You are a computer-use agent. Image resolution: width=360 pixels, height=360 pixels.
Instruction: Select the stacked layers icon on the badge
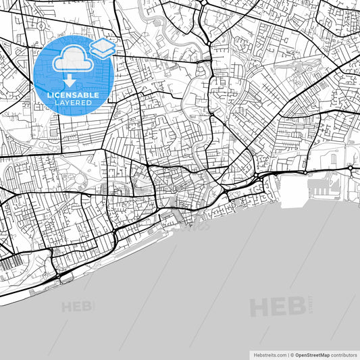coord(103,47)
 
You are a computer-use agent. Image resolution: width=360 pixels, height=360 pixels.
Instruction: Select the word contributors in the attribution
coord(344,355)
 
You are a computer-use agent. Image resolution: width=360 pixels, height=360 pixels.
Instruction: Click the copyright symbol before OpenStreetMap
coord(291,355)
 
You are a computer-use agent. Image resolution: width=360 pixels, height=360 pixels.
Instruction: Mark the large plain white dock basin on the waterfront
coord(290,183)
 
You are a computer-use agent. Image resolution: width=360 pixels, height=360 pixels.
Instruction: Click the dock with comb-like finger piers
coord(324,183)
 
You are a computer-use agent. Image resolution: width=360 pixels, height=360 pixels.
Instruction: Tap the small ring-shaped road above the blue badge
coord(40,26)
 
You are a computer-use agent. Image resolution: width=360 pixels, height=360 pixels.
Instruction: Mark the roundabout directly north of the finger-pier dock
coord(351,168)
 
